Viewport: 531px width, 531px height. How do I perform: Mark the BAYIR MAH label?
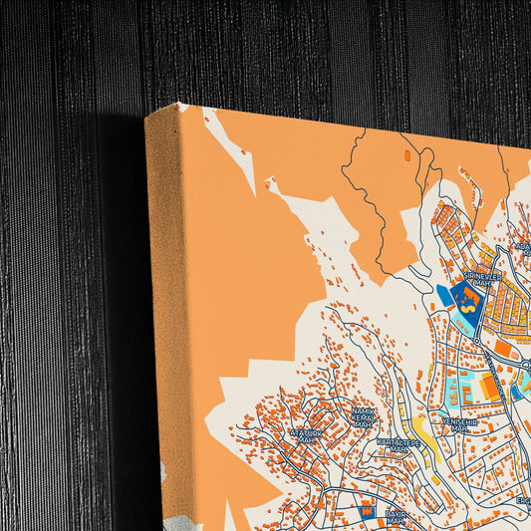click(396, 517)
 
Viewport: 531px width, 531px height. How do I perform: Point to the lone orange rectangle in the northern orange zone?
click(406, 156)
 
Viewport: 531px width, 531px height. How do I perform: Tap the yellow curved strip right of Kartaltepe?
click(426, 434)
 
